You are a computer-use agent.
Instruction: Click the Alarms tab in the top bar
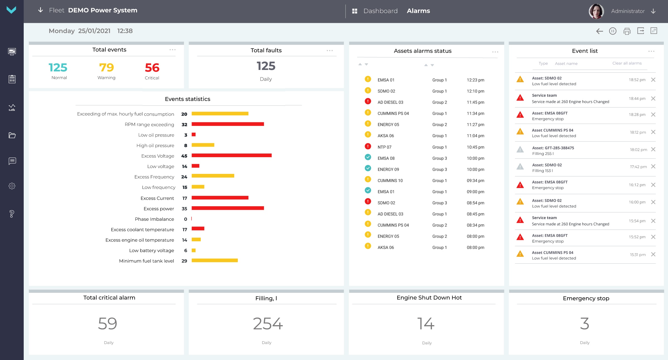pyautogui.click(x=418, y=11)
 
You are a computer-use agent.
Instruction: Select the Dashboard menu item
pyautogui.click(x=380, y=11)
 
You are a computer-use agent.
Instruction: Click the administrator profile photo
pyautogui.click(x=596, y=11)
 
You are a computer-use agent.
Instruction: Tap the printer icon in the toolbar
pyautogui.click(x=627, y=31)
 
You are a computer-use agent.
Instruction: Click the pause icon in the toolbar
pyautogui.click(x=613, y=31)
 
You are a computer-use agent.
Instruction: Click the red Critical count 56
pyautogui.click(x=152, y=68)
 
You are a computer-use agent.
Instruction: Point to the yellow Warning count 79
pyautogui.click(x=106, y=67)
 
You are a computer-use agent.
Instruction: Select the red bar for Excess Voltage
pyautogui.click(x=231, y=155)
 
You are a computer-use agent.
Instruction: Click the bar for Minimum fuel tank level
pyautogui.click(x=214, y=261)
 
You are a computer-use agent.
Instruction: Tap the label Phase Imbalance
pyautogui.click(x=154, y=219)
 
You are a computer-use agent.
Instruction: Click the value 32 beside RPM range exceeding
pyautogui.click(x=184, y=125)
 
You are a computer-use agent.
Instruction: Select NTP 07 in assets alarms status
pyautogui.click(x=384, y=147)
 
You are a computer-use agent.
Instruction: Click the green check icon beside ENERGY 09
pyautogui.click(x=368, y=168)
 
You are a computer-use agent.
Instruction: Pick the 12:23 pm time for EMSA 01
pyautogui.click(x=475, y=80)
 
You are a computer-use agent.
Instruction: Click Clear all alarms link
pyautogui.click(x=627, y=63)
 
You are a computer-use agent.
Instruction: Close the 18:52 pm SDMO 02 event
pyautogui.click(x=653, y=80)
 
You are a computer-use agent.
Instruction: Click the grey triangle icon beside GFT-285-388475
pyautogui.click(x=520, y=150)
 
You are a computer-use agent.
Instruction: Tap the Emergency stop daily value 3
pyautogui.click(x=584, y=323)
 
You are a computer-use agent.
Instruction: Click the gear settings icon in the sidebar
pyautogui.click(x=12, y=186)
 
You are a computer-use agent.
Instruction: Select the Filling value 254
pyautogui.click(x=268, y=323)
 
